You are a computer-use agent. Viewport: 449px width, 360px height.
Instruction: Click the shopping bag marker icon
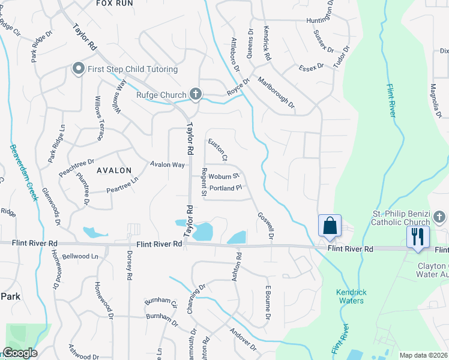click(x=330, y=226)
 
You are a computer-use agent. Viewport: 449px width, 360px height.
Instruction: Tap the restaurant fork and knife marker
click(x=418, y=235)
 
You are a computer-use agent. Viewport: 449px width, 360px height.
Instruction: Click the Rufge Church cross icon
click(x=195, y=94)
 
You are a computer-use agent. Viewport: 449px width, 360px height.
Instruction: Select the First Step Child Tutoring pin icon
click(x=77, y=69)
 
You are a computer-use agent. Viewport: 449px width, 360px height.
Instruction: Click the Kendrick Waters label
click(x=351, y=296)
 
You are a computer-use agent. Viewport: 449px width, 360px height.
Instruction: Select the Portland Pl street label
click(x=225, y=188)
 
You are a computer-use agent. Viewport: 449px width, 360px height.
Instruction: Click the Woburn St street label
click(x=224, y=176)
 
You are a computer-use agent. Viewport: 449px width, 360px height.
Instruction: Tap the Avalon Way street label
click(x=167, y=164)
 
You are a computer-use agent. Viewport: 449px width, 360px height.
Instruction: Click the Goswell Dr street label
click(x=265, y=226)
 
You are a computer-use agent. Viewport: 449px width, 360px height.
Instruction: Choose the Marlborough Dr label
click(x=276, y=92)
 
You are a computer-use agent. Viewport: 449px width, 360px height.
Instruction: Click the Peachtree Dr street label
click(x=77, y=166)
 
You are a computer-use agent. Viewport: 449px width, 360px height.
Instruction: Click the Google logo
click(x=20, y=353)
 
